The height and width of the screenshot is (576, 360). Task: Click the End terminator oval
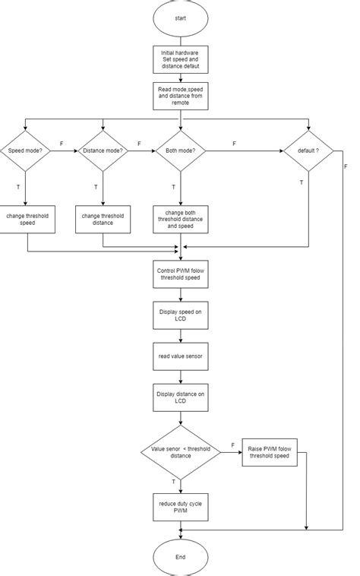[x=180, y=556]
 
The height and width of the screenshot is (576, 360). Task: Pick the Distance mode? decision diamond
[x=103, y=150]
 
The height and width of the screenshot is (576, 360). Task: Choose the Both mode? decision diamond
[x=180, y=150]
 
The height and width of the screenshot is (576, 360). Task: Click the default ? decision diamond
[x=308, y=150]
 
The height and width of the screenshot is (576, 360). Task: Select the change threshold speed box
[x=27, y=219]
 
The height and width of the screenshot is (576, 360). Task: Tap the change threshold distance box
[x=103, y=219]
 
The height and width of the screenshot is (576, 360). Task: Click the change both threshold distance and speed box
[x=180, y=219]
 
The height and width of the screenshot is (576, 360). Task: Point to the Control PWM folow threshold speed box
[x=180, y=274]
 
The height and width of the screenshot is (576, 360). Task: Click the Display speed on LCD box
[x=180, y=316]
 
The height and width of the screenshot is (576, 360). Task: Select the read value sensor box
[x=180, y=355]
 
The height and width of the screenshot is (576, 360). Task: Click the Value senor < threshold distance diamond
[x=180, y=451]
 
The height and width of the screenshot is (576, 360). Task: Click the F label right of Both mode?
[x=234, y=143]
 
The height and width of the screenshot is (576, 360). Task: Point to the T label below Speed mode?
[x=17, y=186]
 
